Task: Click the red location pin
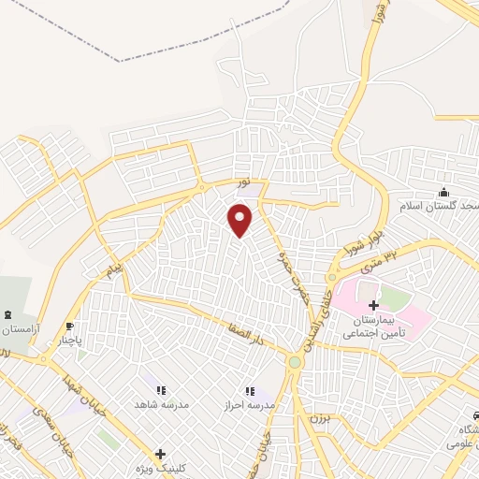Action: coord(240,220)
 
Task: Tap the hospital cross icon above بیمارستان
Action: coord(373,305)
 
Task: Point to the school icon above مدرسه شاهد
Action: coord(160,390)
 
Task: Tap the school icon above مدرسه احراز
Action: coord(249,390)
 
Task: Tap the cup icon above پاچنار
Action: coord(68,327)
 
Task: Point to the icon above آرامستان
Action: coord(8,314)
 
